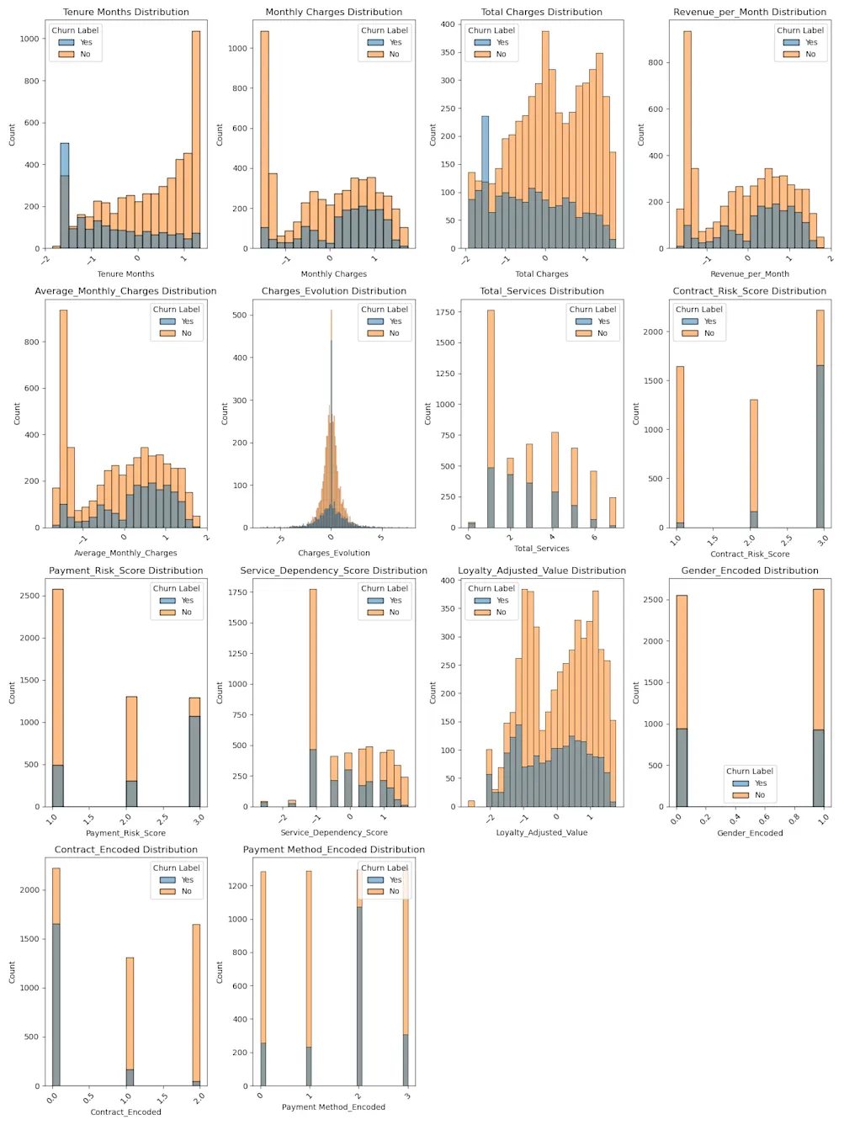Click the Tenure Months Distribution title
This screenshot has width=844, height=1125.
coord(125,12)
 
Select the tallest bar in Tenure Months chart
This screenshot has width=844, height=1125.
coord(196,140)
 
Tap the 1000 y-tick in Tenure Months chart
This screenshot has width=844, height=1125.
coord(30,39)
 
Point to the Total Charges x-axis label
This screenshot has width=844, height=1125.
coord(541,273)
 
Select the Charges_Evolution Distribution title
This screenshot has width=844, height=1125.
coord(333,291)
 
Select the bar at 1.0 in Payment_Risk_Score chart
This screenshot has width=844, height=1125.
coord(57,698)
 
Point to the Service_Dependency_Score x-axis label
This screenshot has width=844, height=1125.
coord(333,832)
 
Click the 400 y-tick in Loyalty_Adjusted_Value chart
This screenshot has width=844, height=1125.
coord(449,581)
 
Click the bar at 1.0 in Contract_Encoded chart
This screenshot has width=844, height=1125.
coord(130,1022)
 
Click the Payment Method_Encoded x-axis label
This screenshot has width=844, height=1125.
coord(333,1106)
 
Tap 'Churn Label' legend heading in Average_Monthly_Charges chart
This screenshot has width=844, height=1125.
coord(176,310)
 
